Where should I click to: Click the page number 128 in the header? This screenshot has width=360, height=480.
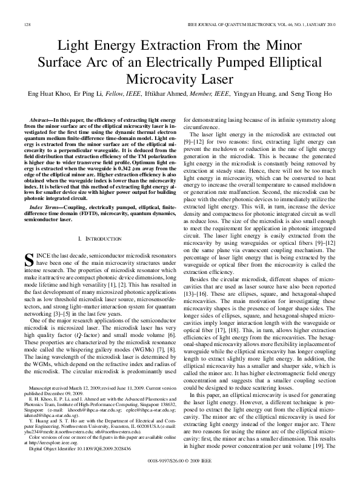coord(27,24)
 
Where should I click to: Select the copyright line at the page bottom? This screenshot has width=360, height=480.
coord(180,461)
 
